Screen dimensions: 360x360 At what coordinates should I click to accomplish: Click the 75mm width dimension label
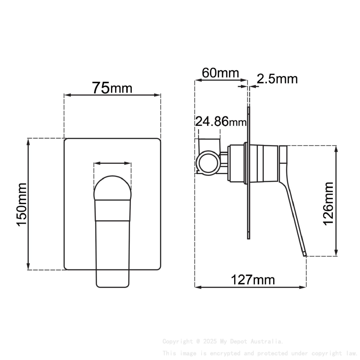tap(112, 88)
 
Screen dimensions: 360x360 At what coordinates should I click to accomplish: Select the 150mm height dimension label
tap(22, 204)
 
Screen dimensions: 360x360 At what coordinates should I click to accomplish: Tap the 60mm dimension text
tap(220, 73)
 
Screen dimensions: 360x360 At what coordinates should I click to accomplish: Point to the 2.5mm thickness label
tap(277, 79)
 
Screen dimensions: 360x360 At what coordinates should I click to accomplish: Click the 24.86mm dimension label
tap(221, 122)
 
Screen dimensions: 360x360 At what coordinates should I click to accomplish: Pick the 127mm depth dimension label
tap(253, 280)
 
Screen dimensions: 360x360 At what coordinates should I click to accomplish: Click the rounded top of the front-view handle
tap(113, 188)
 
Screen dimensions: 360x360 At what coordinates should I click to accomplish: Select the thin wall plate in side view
tap(248, 172)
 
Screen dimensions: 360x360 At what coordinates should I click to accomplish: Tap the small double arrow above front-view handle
tap(113, 163)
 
